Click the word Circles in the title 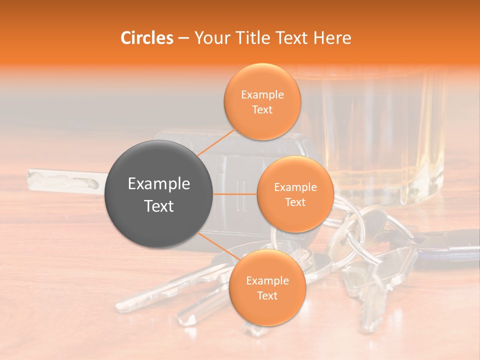[x=147, y=38]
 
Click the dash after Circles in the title [x=183, y=38]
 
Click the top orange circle [x=262, y=102]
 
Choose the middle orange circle [x=295, y=194]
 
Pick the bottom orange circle [x=267, y=288]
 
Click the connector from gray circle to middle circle [x=235, y=194]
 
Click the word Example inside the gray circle [x=159, y=184]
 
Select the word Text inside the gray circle [x=159, y=206]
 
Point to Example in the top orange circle [x=262, y=95]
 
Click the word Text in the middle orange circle [x=295, y=202]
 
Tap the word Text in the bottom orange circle [x=267, y=296]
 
